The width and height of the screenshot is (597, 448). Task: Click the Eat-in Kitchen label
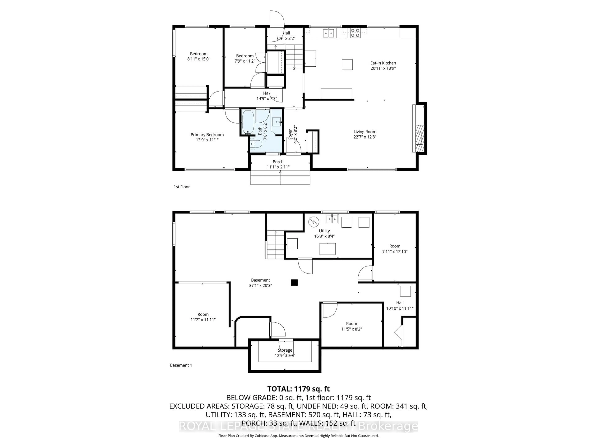pyautogui.click(x=383, y=63)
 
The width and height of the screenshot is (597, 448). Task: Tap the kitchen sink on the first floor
pyautogui.click(x=329, y=33)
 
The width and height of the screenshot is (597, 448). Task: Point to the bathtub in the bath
pyautogui.click(x=248, y=122)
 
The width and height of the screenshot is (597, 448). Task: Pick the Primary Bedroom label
pyautogui.click(x=207, y=135)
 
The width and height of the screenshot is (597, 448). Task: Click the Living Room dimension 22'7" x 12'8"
pyautogui.click(x=365, y=137)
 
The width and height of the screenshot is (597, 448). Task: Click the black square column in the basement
pyautogui.click(x=294, y=282)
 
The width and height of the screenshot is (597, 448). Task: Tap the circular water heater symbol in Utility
pyautogui.click(x=314, y=222)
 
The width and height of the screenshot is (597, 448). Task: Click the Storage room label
pyautogui.click(x=285, y=350)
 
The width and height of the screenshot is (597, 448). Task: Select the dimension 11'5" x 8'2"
pyautogui.click(x=351, y=329)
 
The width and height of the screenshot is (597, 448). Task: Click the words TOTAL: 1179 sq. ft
pyautogui.click(x=298, y=389)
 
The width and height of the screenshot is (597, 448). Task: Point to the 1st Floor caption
pyautogui.click(x=182, y=187)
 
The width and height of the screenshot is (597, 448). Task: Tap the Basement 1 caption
pyautogui.click(x=181, y=365)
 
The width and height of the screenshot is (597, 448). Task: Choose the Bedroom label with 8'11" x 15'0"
pyautogui.click(x=199, y=54)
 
